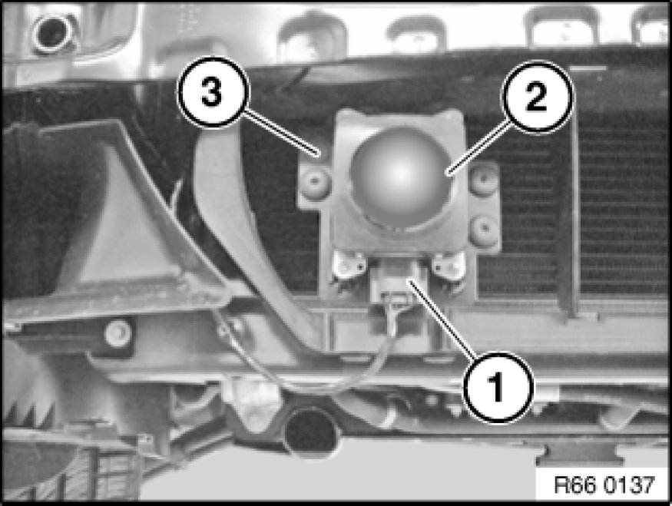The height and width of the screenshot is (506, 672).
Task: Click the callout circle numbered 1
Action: (x=498, y=389)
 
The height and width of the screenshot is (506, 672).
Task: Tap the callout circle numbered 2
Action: (x=538, y=97)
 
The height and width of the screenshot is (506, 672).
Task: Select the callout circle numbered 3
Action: (x=213, y=92)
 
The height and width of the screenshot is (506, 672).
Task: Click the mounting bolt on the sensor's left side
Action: (x=316, y=182)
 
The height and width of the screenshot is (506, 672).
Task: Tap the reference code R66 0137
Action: (x=604, y=485)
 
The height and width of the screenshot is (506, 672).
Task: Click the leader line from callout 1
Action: (x=442, y=319)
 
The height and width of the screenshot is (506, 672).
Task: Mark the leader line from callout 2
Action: (x=478, y=148)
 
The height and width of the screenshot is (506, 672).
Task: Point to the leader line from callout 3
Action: (x=282, y=132)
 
